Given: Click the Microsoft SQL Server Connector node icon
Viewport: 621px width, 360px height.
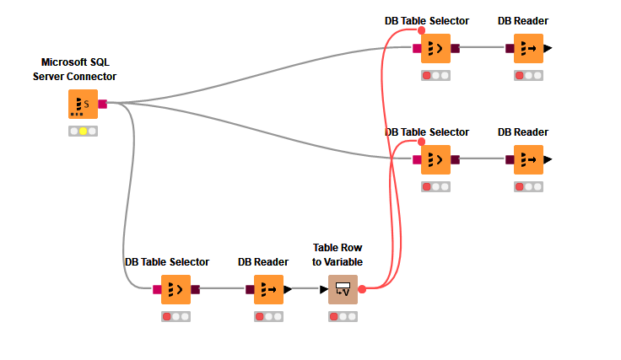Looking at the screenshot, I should click(x=83, y=105).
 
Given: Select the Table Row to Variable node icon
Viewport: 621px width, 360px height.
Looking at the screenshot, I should click(x=343, y=289).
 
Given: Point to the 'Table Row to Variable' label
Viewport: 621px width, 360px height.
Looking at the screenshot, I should click(x=337, y=255).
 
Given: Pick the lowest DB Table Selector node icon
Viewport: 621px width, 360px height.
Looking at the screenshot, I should click(x=175, y=289).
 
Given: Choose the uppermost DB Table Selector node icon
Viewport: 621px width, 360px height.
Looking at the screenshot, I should click(x=435, y=48).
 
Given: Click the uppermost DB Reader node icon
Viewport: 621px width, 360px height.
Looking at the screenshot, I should click(x=528, y=48).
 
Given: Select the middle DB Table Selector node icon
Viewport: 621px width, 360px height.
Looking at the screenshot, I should click(x=435, y=159).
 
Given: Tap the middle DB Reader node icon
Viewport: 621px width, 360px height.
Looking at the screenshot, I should click(x=528, y=159).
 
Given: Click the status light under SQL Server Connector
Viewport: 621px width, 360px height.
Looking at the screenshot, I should click(x=83, y=132).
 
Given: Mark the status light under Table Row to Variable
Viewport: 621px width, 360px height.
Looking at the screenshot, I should click(x=343, y=316).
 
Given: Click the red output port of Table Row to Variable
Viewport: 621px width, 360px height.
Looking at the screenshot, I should click(x=362, y=289).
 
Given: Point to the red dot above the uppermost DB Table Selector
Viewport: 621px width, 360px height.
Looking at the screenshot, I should click(x=422, y=30).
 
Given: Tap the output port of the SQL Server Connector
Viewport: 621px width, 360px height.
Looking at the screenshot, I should click(x=102, y=105).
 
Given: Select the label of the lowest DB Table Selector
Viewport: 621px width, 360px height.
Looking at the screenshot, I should click(x=167, y=262).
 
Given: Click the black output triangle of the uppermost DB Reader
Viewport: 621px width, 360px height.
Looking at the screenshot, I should click(x=548, y=48).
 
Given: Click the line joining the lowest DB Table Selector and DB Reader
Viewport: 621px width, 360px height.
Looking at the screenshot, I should click(x=222, y=289).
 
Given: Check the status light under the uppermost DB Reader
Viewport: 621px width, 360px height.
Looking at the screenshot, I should click(x=528, y=75).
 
